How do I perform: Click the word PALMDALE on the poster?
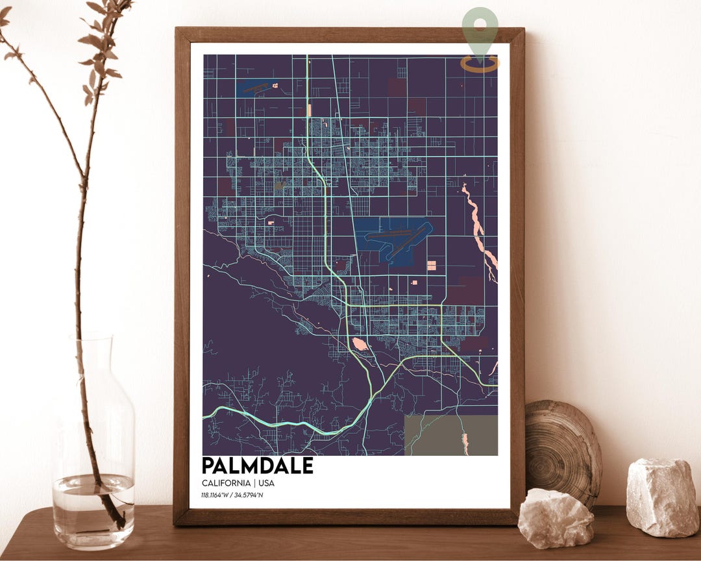257,466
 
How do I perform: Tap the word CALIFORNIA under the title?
225,483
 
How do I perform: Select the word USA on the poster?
265,483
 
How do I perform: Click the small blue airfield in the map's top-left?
256,87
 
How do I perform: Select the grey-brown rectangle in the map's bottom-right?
450,435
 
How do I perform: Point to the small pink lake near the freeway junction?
359,343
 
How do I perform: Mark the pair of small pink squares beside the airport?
431,265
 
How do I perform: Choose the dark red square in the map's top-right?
397,88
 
